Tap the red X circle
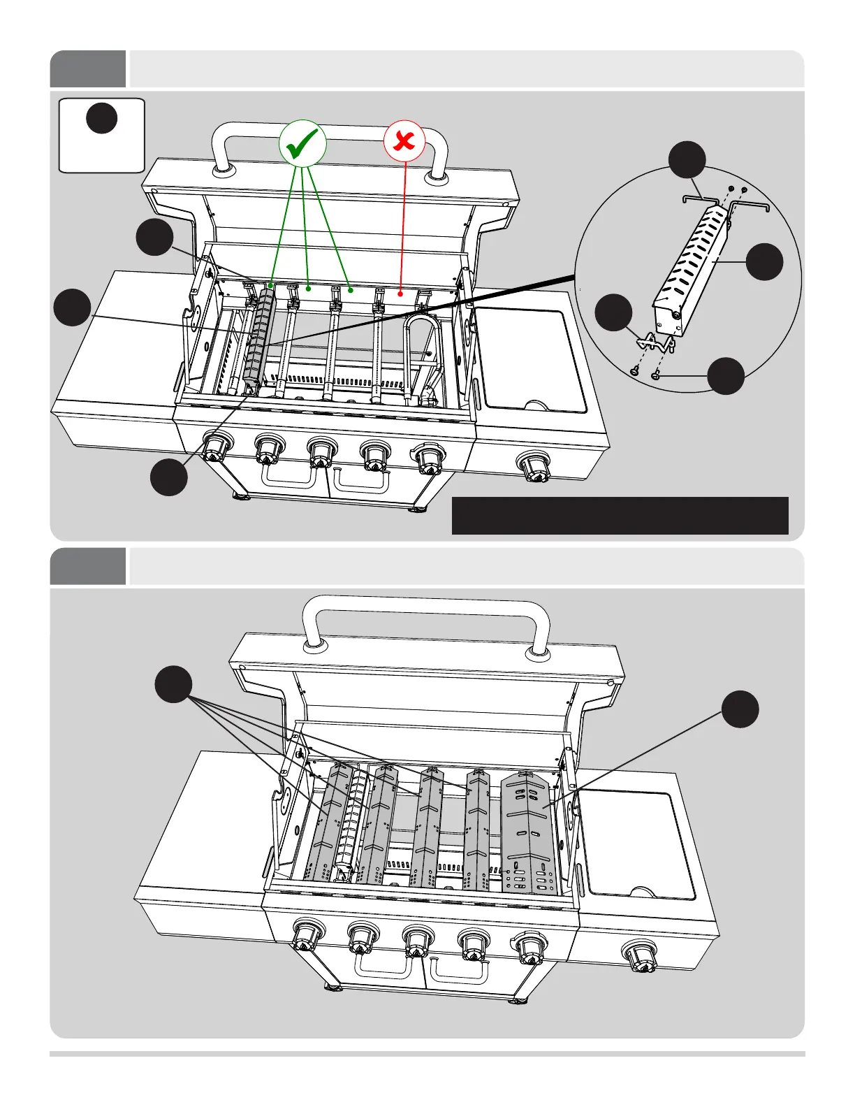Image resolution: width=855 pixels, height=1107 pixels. [x=404, y=142]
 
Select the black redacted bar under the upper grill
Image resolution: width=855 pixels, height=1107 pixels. [x=620, y=516]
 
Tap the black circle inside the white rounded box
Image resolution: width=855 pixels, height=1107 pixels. [x=101, y=117]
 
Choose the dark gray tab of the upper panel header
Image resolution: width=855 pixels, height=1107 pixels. [x=88, y=68]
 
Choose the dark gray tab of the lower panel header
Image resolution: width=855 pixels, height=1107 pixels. [x=88, y=566]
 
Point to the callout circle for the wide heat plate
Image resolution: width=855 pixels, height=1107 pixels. [x=740, y=709]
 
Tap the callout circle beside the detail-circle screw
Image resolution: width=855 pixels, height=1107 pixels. [x=726, y=376]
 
